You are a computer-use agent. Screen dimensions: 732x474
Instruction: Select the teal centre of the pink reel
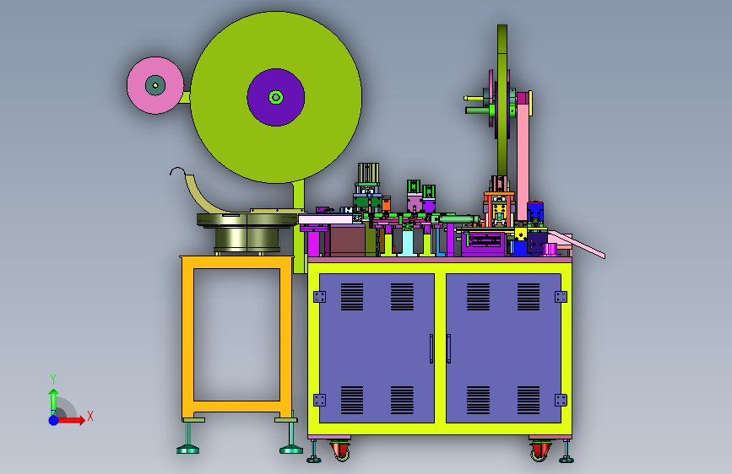[x=155, y=85]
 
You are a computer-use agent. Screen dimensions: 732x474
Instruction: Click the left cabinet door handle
[x=431, y=348]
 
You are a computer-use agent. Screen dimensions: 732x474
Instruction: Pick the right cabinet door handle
[x=448, y=348]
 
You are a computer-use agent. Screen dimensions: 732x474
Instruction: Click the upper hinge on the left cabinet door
[x=320, y=297]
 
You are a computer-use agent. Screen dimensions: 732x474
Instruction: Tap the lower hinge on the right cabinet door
[x=561, y=400]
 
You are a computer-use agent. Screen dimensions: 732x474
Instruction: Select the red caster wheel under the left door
[x=341, y=451]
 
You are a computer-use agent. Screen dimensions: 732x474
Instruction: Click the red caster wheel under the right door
[x=540, y=451]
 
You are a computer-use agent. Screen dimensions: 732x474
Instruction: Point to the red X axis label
[x=90, y=416]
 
